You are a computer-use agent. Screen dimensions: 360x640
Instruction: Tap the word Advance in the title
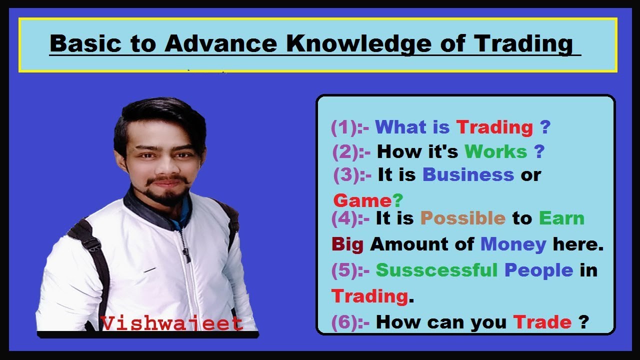pos(221,44)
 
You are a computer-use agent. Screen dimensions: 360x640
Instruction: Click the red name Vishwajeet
pos(172,323)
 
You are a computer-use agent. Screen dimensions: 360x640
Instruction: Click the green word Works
pos(495,151)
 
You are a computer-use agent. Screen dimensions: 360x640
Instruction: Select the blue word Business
pos(468,175)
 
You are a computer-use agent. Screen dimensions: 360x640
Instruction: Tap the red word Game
pos(362,200)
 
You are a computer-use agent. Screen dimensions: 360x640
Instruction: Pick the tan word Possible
pos(463,218)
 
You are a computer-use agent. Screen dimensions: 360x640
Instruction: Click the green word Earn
pos(561,218)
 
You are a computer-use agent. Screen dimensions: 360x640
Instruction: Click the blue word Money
pos(513,244)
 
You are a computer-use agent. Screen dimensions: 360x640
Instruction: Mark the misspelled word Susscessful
pos(436,270)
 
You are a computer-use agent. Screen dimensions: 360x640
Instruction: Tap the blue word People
pos(538,270)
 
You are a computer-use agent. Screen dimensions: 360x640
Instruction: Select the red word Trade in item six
pos(542,322)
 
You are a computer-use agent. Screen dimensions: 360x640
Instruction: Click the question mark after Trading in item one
pos(545,127)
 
